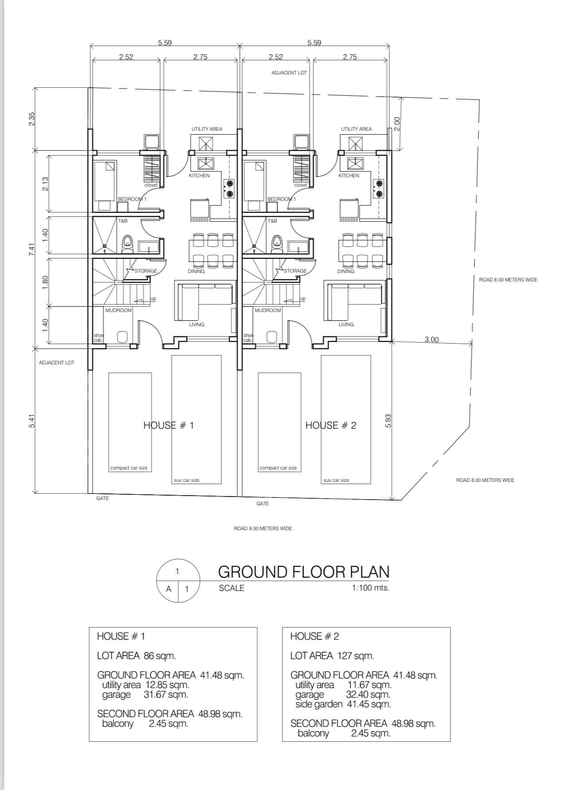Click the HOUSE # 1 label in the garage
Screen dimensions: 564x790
click(x=168, y=426)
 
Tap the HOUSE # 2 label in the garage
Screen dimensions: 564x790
click(x=331, y=426)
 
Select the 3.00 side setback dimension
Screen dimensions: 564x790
click(x=431, y=340)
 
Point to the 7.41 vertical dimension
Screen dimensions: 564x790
click(x=31, y=249)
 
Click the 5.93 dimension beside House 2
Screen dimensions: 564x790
click(x=388, y=421)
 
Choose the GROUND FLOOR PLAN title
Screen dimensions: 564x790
click(x=304, y=572)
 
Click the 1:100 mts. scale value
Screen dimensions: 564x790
click(x=371, y=588)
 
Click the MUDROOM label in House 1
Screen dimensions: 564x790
click(x=118, y=310)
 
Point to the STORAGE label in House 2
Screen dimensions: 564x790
click(x=295, y=271)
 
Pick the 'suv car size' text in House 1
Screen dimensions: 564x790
click(x=187, y=480)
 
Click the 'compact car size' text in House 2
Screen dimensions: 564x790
click(x=278, y=468)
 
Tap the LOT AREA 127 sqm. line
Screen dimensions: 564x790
click(x=332, y=656)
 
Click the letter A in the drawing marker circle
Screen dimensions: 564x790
click(x=168, y=589)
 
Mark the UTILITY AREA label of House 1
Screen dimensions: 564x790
click(x=207, y=129)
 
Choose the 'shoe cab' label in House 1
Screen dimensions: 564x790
click(x=98, y=338)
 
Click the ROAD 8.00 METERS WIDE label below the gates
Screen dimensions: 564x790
click(x=263, y=528)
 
